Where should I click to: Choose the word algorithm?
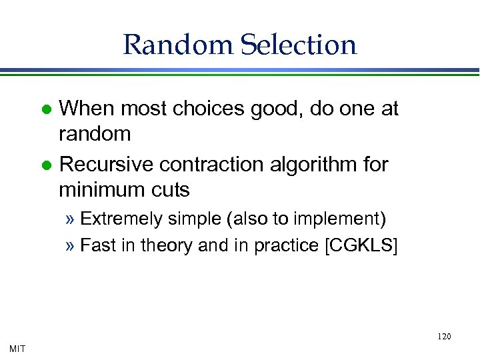pos(316,164)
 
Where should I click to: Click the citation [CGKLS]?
pos(360,245)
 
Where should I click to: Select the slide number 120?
pos(444,337)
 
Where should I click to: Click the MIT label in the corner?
pos(18,347)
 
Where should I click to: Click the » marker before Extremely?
pos(71,219)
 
